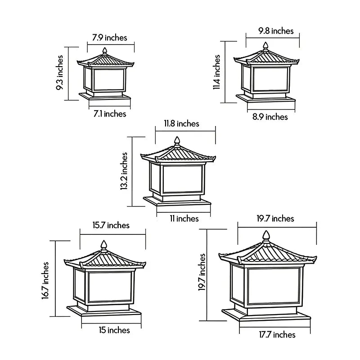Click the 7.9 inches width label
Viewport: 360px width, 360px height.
tap(109, 38)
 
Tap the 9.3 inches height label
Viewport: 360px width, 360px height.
tap(59, 72)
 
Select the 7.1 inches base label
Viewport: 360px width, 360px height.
tap(110, 114)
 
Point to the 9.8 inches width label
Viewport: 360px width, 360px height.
tap(276, 31)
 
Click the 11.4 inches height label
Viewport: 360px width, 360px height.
tap(216, 72)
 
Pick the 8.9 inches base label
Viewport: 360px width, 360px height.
tap(270, 117)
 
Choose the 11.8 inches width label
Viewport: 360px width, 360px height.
tap(181, 123)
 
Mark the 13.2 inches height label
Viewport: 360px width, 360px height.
tap(124, 171)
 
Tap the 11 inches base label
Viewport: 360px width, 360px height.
tap(184, 218)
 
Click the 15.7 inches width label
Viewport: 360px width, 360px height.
tap(111, 225)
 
